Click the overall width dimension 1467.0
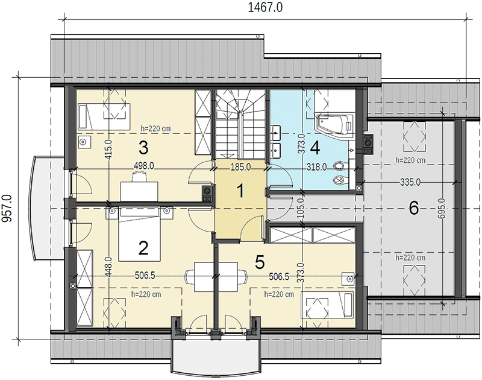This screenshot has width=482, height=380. coord(265,7)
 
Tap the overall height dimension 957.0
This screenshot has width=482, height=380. coord(7,208)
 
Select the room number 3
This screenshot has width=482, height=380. coord(143,147)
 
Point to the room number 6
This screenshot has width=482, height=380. coord(414,208)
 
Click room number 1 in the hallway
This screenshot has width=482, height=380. coord(240,191)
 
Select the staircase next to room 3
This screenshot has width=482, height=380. coord(240,124)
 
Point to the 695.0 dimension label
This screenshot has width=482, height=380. coord(442,209)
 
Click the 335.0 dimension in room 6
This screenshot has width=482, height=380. coord(410,183)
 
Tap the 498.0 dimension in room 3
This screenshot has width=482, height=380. coord(144,166)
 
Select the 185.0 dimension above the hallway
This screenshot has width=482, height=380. coord(240,167)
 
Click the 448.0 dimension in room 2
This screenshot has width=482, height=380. coord(110,267)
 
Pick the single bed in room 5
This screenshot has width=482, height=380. coord(328,305)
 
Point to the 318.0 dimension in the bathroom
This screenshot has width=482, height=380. coord(317,167)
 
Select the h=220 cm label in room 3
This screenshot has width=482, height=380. coord(155,128)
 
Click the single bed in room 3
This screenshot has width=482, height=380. coord(104,116)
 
